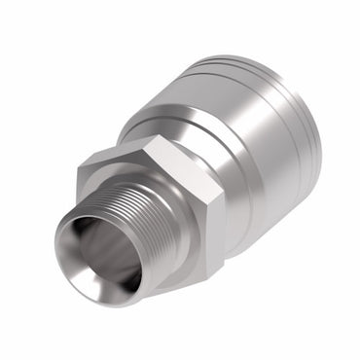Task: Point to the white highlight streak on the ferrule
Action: click(263, 126)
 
